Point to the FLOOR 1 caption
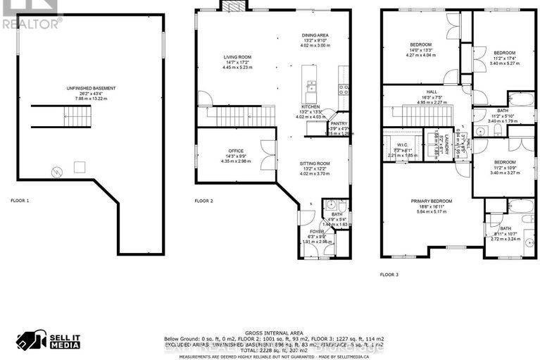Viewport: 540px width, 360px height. pyautogui.click(x=20, y=201)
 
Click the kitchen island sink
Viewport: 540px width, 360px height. pyautogui.click(x=311, y=88)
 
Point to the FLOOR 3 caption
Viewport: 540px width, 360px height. pyautogui.click(x=389, y=275)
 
